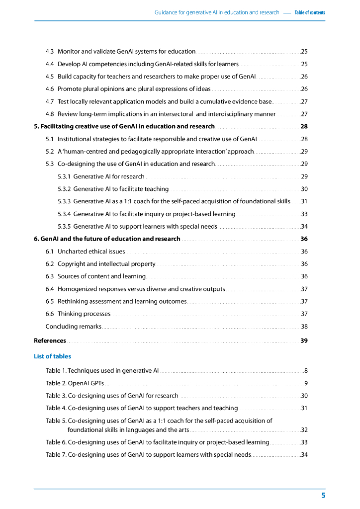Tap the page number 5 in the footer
click(x=323, y=496)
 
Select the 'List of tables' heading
click(x=52, y=356)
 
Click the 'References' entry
click(x=50, y=340)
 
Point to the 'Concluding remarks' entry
click(x=73, y=327)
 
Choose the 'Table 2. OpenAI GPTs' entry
click(x=75, y=383)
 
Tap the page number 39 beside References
click(x=304, y=340)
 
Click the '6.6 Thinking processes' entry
click(x=78, y=314)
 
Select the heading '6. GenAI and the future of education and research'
click(x=107, y=239)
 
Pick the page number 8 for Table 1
click(x=306, y=370)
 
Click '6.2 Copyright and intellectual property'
click(x=100, y=264)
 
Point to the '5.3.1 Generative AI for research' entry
click(x=101, y=176)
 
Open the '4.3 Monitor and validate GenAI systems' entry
click(x=120, y=51)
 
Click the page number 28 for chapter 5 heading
click(x=304, y=126)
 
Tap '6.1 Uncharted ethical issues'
click(x=85, y=252)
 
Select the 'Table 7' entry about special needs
click(x=148, y=455)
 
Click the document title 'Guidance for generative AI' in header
click(x=217, y=12)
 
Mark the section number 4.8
click(x=50, y=114)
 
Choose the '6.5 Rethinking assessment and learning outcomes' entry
click(x=116, y=301)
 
